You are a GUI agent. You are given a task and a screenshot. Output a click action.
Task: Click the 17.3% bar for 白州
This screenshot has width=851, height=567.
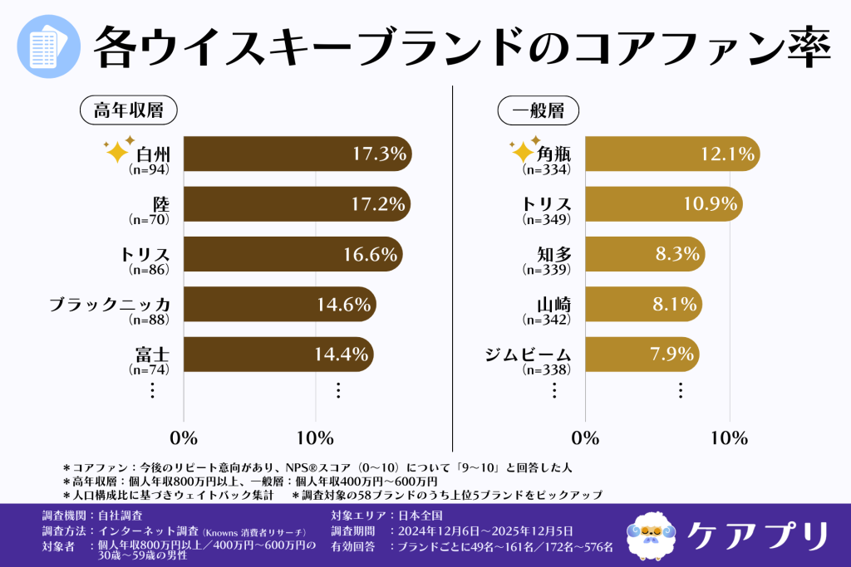coord(297,155)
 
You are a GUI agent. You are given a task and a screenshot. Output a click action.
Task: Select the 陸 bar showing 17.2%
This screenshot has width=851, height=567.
coord(297,204)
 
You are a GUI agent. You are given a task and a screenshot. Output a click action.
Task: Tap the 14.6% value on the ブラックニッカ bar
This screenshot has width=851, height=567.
coord(343,305)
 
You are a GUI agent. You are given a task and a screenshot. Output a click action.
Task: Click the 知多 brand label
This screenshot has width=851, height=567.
coord(554,254)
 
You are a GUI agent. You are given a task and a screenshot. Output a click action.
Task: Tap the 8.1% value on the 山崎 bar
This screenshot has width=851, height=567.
coord(674,305)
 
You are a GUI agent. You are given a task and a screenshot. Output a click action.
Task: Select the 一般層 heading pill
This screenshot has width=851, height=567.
coord(538,110)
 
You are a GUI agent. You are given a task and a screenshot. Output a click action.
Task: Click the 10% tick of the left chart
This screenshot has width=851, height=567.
coord(315,437)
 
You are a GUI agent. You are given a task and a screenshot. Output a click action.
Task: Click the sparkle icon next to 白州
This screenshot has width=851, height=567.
coord(116,152)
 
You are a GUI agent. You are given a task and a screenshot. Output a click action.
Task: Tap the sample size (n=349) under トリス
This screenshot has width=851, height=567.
coord(546,221)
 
